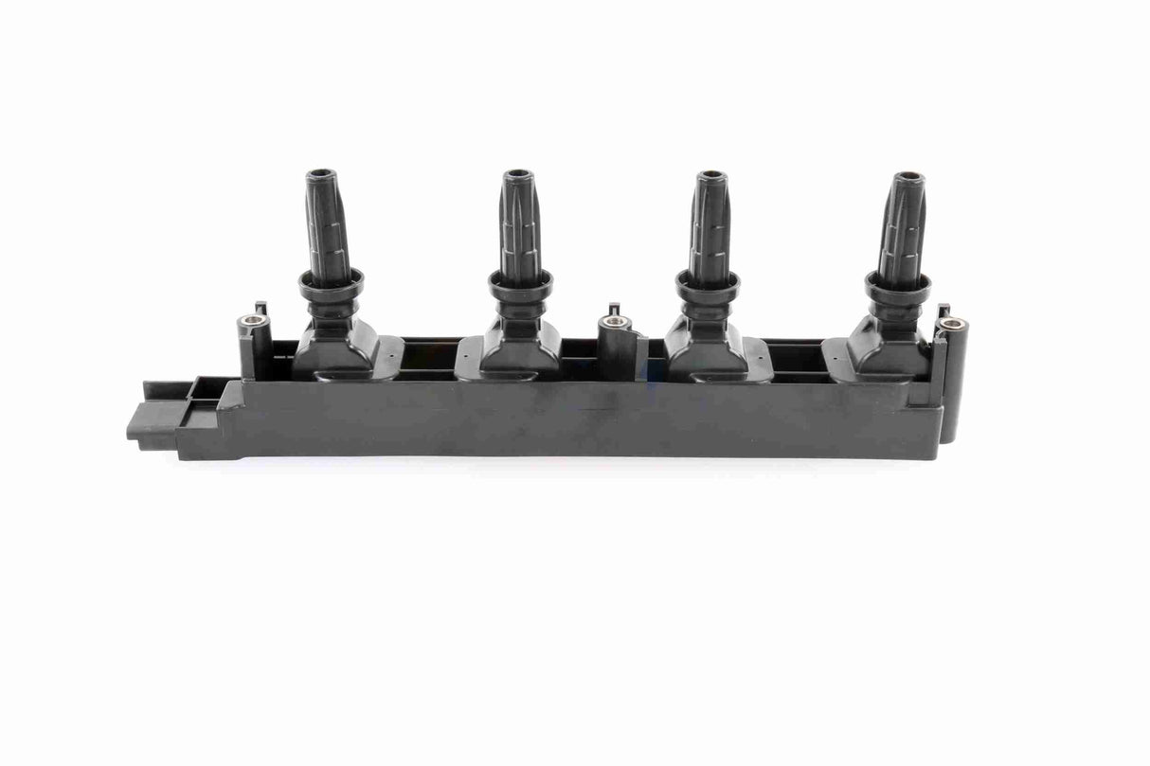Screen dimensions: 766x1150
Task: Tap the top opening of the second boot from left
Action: (x=517, y=175)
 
